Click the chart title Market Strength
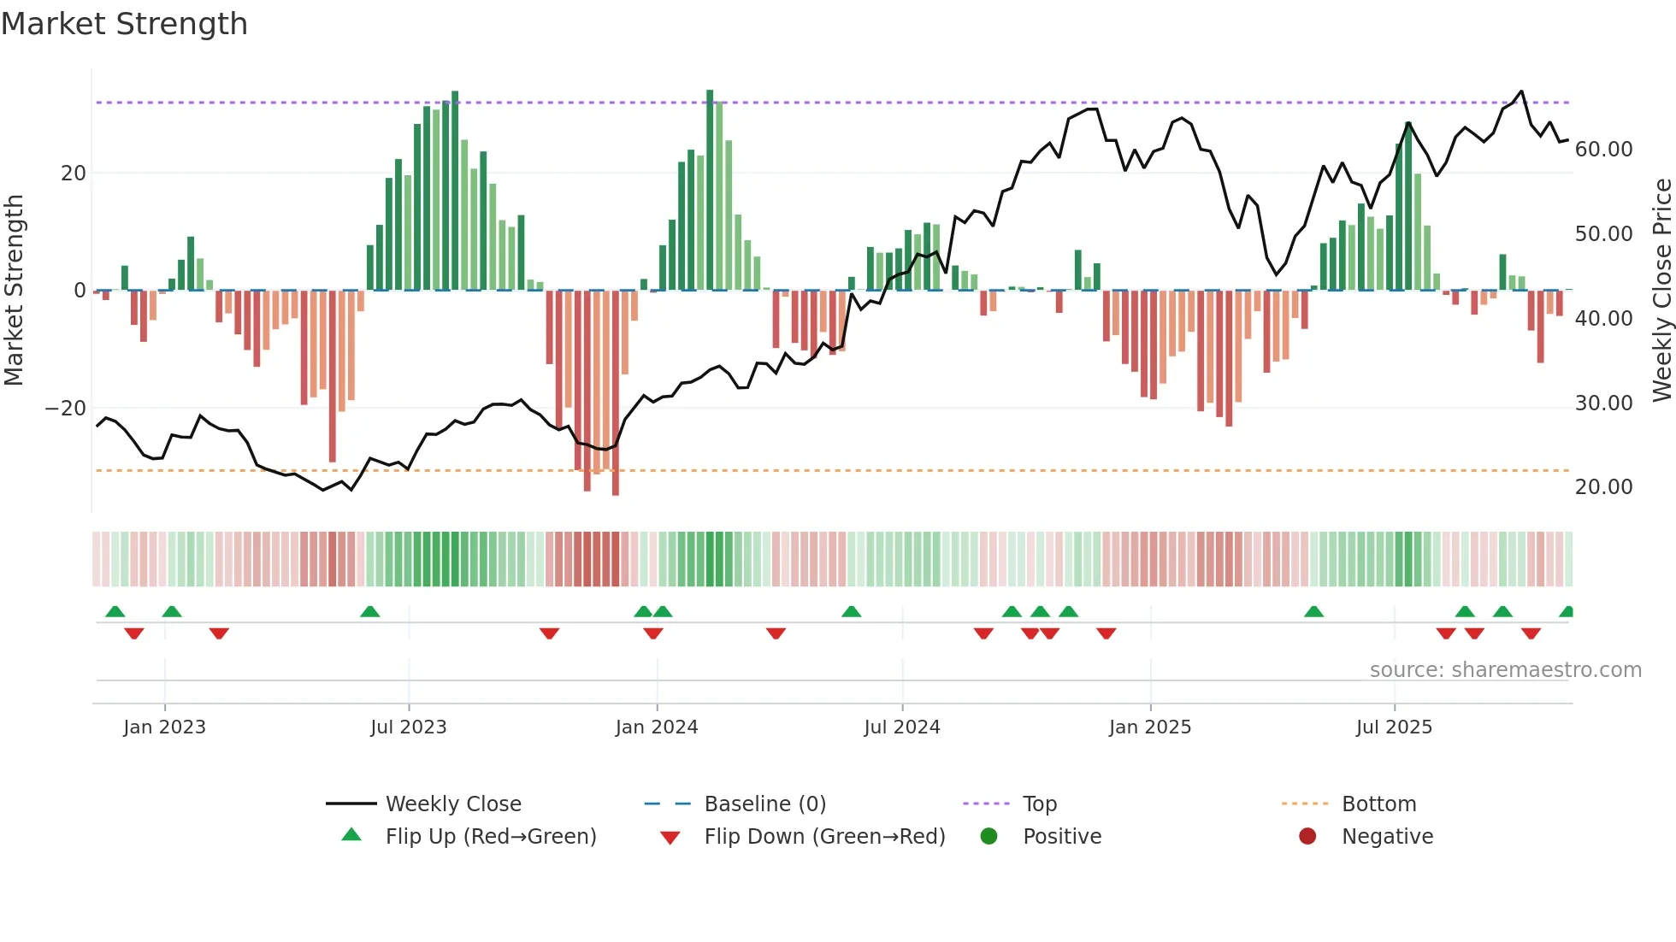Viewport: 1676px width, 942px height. tap(124, 24)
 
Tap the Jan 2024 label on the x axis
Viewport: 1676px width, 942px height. tap(657, 727)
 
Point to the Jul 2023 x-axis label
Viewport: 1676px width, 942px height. tap(409, 727)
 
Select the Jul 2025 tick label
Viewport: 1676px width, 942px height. tap(1394, 727)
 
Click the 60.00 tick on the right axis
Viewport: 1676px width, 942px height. tap(1603, 150)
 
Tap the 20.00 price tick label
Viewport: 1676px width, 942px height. tap(1603, 487)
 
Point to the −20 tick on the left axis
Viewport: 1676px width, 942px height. tap(66, 409)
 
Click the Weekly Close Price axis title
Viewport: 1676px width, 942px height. tap(1661, 291)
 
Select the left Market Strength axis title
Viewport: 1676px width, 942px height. tap(15, 291)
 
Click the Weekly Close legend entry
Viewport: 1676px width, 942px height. tap(452, 804)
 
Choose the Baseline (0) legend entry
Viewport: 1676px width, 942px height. tap(764, 804)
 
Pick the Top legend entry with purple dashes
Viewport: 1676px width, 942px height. tap(1039, 804)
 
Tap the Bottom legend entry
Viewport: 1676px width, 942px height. tap(1378, 804)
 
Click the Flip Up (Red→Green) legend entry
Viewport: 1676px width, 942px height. tap(490, 837)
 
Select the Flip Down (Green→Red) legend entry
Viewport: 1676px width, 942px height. tap(824, 837)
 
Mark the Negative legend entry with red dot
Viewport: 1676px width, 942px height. tap(1386, 837)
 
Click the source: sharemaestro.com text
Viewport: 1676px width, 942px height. tap(1505, 670)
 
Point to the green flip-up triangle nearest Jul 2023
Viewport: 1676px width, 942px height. tap(370, 612)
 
